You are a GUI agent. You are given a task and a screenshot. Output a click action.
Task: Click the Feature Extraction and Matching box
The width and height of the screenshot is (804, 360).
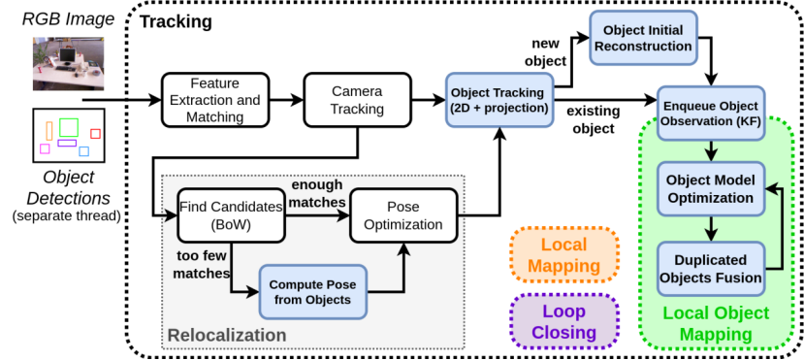[214, 99]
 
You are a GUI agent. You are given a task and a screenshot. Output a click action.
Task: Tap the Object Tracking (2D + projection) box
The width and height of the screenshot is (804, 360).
[498, 99]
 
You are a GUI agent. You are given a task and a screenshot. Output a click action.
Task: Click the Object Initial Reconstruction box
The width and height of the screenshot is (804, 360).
[641, 37]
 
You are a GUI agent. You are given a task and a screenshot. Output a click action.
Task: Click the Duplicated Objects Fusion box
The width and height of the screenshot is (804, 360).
[713, 269]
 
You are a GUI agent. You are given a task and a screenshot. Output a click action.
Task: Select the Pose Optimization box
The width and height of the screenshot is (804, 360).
[402, 215]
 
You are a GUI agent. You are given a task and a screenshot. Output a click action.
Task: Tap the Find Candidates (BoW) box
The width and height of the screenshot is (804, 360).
[230, 215]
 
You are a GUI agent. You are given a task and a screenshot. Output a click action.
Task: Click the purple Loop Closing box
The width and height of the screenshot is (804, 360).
[563, 321]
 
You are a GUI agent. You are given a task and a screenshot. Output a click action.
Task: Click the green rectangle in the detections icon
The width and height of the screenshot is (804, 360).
[68, 127]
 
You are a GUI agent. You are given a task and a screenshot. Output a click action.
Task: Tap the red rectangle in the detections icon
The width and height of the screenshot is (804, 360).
[95, 134]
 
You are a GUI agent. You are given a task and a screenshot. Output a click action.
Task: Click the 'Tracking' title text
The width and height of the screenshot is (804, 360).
[177, 21]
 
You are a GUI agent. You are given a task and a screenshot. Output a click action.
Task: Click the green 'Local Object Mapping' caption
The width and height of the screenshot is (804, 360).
[716, 323]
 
